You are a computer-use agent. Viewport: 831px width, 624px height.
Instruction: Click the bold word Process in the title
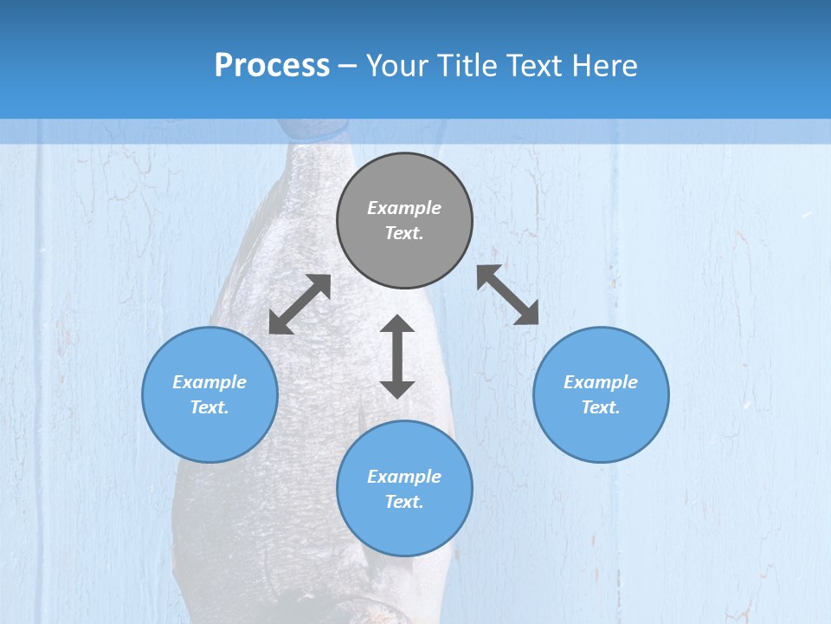[x=272, y=66]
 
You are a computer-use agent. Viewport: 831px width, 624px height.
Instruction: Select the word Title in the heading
[x=468, y=66]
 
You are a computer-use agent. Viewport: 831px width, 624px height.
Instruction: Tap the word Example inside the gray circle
[x=404, y=208]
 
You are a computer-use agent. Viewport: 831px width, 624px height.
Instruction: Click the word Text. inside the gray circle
[x=404, y=233]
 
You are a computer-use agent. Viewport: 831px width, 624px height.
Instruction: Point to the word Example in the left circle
[x=209, y=382]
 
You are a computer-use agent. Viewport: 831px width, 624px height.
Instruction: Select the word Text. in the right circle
[x=601, y=407]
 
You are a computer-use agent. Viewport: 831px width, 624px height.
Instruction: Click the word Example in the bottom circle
[x=404, y=477]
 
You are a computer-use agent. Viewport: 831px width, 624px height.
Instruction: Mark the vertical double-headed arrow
[x=397, y=356]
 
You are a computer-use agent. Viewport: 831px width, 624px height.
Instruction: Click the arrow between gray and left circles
[x=300, y=304]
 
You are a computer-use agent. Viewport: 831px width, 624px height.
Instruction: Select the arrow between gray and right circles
[x=508, y=295]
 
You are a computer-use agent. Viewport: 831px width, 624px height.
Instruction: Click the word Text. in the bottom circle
[x=404, y=502]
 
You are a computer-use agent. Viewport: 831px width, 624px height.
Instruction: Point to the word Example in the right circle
[x=601, y=382]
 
